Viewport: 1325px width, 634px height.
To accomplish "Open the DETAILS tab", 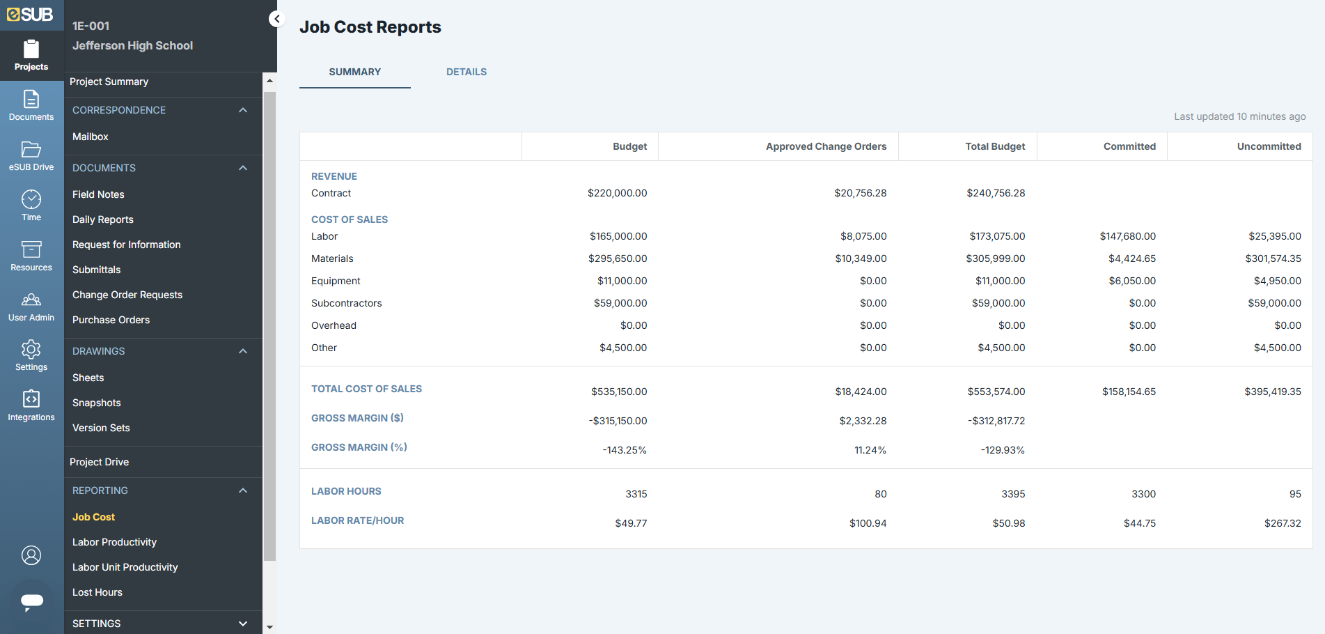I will coord(466,72).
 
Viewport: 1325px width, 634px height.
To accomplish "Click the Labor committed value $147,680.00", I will coord(1127,236).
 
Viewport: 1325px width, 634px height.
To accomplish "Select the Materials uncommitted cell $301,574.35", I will coord(1273,258).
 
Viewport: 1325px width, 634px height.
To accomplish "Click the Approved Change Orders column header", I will coord(826,146).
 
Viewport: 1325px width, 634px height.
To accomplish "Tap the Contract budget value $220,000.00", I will coord(617,193).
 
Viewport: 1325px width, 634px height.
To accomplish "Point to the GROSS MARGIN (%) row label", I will coord(359,447).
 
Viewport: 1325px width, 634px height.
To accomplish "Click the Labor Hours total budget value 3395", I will coord(1013,494).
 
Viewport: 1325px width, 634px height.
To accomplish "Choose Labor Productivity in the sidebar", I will coord(114,542).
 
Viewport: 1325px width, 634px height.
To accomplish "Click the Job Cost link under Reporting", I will coord(93,517).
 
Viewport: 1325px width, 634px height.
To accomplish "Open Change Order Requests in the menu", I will coord(127,295).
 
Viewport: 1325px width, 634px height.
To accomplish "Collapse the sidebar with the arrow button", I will coord(277,19).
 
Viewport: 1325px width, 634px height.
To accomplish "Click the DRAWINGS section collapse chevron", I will coord(243,351).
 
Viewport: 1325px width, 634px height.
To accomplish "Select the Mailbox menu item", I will coord(91,137).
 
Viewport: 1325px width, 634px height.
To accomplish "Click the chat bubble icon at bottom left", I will coord(32,601).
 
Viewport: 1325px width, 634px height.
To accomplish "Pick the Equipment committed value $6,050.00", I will coord(1132,281).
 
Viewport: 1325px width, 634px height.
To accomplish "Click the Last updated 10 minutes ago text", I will coord(1239,116).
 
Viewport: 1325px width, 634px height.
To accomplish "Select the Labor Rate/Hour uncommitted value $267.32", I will coord(1283,523).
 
